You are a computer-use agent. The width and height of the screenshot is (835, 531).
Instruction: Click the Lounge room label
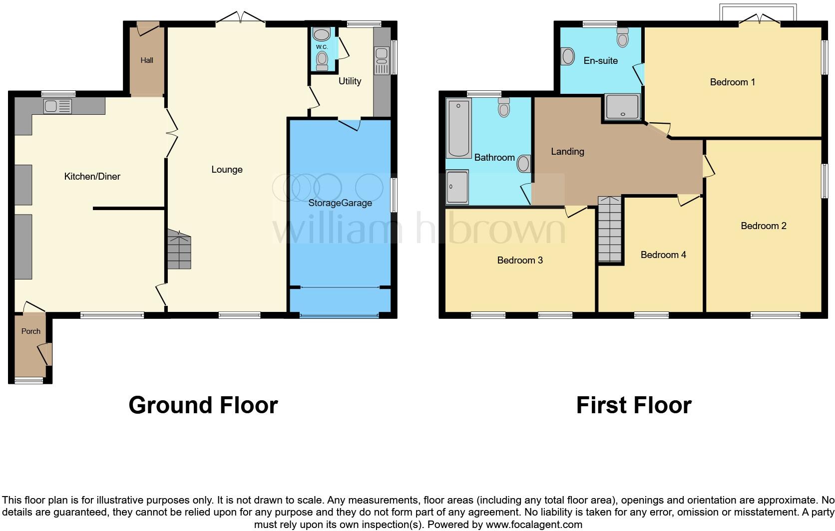coord(227,170)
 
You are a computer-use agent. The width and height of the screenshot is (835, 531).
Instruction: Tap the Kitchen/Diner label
coord(92,176)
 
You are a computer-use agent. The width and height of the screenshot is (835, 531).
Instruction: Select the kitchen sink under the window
coord(57,106)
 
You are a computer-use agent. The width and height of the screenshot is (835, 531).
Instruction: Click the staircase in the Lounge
coord(179,250)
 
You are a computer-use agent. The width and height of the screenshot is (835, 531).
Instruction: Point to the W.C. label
coord(322,47)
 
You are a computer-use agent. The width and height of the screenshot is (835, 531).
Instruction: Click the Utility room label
coord(350,81)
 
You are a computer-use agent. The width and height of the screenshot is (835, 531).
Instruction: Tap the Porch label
coord(31,331)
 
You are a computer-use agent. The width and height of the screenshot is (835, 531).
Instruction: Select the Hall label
coord(147,60)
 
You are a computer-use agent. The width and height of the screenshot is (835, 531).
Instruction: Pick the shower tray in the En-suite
coord(622,107)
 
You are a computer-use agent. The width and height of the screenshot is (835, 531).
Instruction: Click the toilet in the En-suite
coord(622,37)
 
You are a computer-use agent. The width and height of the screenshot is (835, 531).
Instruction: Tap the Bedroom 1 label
coord(732,82)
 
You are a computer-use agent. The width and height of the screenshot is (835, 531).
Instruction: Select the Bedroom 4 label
coord(663,255)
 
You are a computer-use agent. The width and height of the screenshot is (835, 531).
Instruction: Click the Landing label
coord(567,151)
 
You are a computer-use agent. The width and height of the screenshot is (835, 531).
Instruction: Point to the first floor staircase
coord(610,230)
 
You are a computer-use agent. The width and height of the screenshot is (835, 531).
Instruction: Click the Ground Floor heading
coord(203,405)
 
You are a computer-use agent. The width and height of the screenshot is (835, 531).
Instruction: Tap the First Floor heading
coord(634,405)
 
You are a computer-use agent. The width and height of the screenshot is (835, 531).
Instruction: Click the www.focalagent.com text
coord(534,525)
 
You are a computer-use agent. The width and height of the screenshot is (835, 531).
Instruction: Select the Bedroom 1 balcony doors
coord(760,19)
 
